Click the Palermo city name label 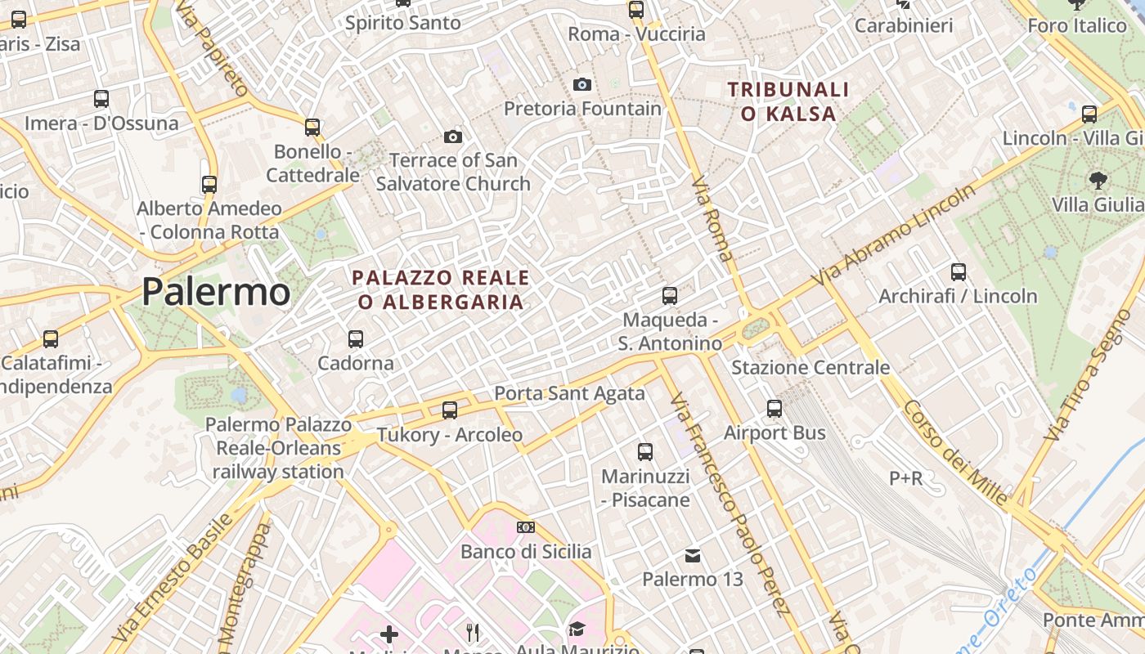point(216,292)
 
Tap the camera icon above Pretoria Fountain point(582,84)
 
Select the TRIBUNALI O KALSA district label point(788,101)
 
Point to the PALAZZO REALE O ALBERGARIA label point(441,290)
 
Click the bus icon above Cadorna point(355,338)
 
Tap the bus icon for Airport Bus point(775,408)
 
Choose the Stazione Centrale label point(810,367)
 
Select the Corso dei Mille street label point(955,452)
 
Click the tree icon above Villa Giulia point(1098,179)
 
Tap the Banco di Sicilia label point(526,552)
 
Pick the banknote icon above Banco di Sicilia point(526,527)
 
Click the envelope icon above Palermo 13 point(693,556)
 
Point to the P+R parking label point(906,477)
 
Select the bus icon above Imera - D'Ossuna point(101,99)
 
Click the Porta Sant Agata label point(569,393)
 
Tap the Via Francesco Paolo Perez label point(730,503)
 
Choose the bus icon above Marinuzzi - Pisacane point(645,451)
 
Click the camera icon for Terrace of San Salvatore point(453,137)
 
